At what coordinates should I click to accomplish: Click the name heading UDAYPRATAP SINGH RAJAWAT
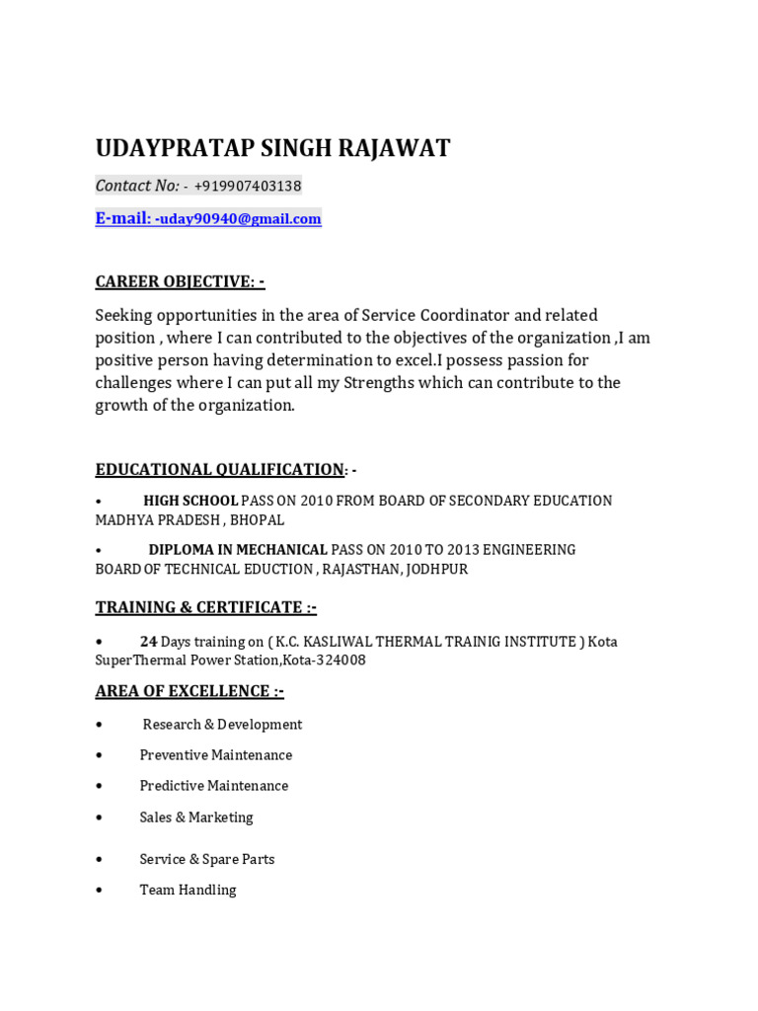[272, 148]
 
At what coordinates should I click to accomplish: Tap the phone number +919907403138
[248, 186]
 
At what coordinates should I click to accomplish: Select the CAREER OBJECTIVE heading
[180, 281]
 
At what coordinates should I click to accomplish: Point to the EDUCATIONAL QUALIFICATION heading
[219, 469]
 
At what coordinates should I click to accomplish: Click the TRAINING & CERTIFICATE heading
[205, 606]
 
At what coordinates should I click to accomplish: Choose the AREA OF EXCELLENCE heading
[189, 690]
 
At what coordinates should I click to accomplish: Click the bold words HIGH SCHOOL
[190, 501]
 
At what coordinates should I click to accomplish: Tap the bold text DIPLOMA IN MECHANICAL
[238, 549]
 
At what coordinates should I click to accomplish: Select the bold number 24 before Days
[148, 641]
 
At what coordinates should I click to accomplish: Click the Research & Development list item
[222, 725]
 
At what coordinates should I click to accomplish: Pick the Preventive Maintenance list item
[216, 755]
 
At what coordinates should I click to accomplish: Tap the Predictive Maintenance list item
[214, 786]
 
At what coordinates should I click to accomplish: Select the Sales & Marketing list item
[196, 817]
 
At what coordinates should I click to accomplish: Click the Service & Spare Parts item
[207, 859]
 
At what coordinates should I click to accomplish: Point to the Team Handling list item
[188, 890]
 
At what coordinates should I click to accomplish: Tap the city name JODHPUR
[434, 569]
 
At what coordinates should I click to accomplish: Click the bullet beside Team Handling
[100, 890]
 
